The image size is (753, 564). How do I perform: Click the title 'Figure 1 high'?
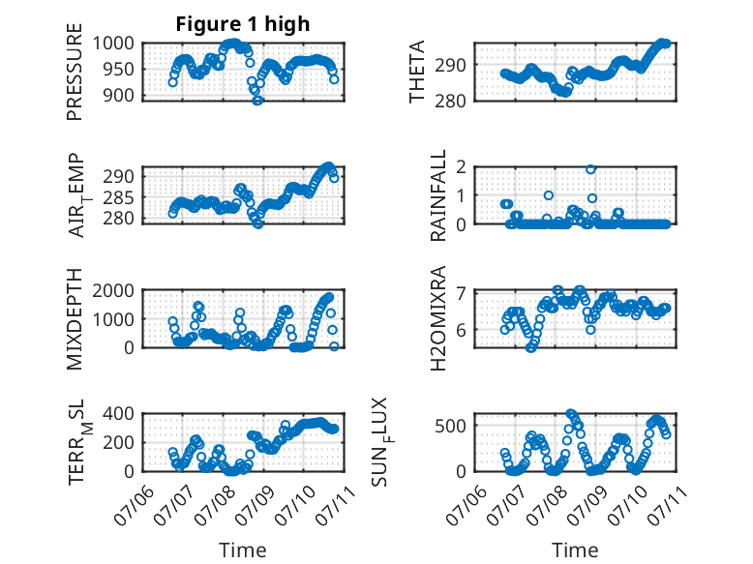[243, 24]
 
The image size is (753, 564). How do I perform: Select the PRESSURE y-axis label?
[75, 72]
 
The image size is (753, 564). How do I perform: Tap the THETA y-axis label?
[417, 72]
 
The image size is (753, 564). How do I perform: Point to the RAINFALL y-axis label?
[438, 195]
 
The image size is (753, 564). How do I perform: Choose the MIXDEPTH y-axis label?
[75, 319]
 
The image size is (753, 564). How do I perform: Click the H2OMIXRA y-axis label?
[438, 318]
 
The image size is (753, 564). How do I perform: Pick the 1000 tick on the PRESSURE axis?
[113, 44]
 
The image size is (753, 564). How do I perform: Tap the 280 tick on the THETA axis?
[450, 102]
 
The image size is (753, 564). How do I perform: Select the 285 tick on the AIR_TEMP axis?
[119, 197]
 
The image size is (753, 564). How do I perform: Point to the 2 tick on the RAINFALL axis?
[462, 167]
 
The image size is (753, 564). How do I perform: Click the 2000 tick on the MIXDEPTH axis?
[113, 290]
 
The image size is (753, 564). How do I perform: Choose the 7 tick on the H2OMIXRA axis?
[462, 292]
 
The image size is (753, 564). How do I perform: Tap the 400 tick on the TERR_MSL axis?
[119, 413]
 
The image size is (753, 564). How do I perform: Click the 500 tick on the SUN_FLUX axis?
[450, 426]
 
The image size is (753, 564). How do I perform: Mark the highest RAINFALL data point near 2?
[590, 169]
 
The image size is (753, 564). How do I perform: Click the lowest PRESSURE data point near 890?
[257, 101]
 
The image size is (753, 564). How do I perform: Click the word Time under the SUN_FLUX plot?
[575, 549]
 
